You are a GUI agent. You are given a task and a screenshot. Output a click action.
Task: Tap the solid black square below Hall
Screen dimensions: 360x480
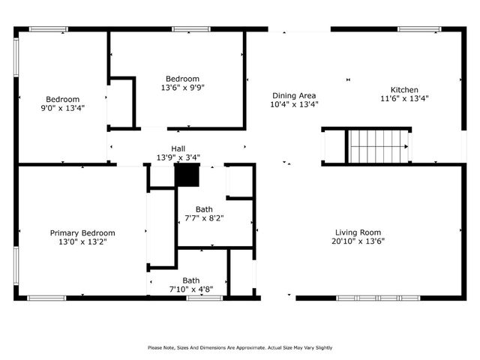pos(187,175)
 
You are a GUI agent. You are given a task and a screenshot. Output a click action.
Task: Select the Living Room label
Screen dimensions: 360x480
pos(358,232)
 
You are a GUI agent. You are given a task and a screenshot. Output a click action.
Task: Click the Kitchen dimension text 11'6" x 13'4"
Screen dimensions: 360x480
pos(404,98)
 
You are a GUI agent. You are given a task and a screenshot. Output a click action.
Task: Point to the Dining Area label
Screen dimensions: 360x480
pos(294,95)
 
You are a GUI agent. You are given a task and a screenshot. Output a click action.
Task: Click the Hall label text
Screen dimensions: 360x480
pos(178,148)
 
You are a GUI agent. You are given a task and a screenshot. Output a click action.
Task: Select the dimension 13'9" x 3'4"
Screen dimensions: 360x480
pos(178,157)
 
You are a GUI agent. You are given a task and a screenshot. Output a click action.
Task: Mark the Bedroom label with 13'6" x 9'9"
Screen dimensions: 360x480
pos(182,79)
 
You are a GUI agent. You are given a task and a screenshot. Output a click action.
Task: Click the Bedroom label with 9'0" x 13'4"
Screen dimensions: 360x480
pos(62,99)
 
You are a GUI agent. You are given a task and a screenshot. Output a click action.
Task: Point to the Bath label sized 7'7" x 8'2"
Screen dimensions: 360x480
pos(204,209)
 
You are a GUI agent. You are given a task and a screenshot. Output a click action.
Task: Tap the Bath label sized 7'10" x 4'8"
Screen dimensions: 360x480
pos(191,280)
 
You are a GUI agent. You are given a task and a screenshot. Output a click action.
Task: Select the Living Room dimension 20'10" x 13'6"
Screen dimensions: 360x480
pos(358,241)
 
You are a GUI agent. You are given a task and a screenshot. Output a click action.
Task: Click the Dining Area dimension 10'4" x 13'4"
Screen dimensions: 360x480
pos(294,104)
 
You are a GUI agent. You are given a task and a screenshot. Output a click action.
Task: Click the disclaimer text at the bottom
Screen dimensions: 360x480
pos(239,347)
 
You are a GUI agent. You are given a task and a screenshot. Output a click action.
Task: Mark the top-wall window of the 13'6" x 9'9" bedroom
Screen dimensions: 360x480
pos(186,29)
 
